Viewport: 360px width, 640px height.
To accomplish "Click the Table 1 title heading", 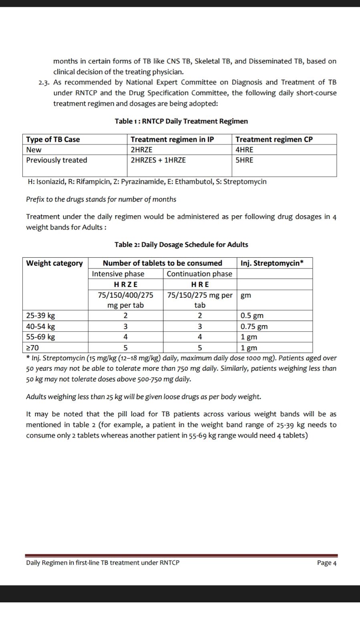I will [x=181, y=121].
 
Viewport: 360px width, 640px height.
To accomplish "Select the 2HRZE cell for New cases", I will [x=141, y=150].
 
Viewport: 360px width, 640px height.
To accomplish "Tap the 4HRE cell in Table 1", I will [x=244, y=150].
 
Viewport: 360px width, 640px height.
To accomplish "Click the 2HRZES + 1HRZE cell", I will [x=158, y=160].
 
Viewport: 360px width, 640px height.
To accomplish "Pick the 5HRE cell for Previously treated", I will [x=244, y=160].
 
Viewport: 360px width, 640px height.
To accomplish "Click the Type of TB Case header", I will [x=53, y=139].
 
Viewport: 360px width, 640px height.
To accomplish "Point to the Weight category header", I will [x=54, y=263].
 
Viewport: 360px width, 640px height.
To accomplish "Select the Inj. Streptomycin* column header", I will [x=272, y=263].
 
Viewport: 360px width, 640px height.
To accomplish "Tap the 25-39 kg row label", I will [x=40, y=315].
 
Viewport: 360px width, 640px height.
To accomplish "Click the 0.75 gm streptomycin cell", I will [x=254, y=326].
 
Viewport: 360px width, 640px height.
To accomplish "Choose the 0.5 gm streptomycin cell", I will [x=252, y=315].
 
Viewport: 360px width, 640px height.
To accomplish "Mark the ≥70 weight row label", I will [x=32, y=348].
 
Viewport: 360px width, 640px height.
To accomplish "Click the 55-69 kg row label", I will [x=40, y=337].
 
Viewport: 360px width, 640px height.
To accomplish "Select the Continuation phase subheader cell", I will [x=199, y=274].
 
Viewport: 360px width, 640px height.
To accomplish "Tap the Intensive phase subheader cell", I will [x=118, y=274].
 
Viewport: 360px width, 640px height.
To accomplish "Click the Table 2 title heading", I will [x=181, y=245].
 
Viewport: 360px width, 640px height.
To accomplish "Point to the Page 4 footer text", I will [x=326, y=562].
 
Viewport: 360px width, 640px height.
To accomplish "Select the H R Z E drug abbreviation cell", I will [x=125, y=285].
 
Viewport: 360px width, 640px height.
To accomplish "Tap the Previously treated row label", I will [x=56, y=160].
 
